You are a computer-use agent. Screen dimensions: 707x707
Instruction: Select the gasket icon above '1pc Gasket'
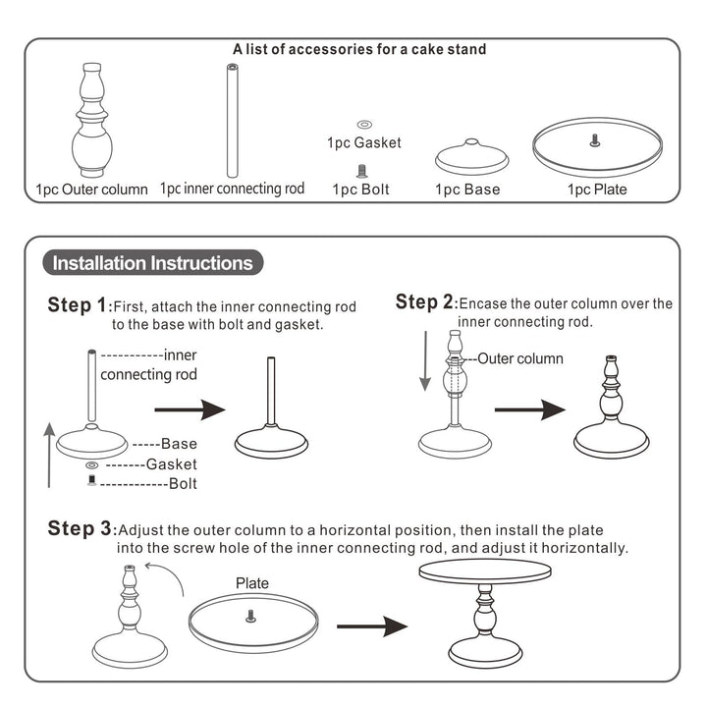[x=363, y=125]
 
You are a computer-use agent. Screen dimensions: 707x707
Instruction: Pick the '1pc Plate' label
[x=596, y=190]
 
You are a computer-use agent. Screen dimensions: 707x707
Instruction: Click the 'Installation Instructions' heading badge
[x=152, y=263]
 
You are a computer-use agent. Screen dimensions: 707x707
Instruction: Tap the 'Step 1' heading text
[x=79, y=305]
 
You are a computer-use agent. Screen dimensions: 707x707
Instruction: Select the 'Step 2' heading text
[x=425, y=302]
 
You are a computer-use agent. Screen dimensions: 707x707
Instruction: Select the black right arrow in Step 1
[x=190, y=410]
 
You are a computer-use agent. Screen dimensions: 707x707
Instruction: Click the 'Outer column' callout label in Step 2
[x=520, y=358]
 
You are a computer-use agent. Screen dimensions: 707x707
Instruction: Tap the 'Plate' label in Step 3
[x=252, y=583]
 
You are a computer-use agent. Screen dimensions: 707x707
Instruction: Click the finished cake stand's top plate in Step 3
[x=485, y=572]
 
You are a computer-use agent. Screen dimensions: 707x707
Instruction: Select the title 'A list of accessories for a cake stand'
[x=359, y=49]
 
